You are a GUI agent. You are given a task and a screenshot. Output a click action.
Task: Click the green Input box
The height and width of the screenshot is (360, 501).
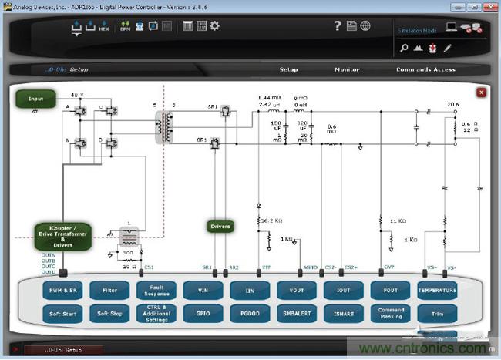tap(35, 99)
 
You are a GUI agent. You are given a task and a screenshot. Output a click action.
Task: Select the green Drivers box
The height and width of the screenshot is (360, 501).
tap(220, 226)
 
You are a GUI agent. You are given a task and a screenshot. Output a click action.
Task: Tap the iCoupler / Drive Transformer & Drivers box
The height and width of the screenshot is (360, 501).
tap(62, 237)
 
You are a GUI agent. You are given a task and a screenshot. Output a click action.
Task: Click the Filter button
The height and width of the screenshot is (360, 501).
tap(109, 291)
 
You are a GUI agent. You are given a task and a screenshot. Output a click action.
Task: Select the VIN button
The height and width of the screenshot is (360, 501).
tap(203, 291)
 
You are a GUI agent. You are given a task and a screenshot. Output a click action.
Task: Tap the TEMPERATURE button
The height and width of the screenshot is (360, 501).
tap(437, 291)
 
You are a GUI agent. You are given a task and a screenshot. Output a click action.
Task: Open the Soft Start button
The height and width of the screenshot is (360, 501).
tap(62, 315)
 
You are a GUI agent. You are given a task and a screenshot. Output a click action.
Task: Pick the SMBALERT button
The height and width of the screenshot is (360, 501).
tap(297, 315)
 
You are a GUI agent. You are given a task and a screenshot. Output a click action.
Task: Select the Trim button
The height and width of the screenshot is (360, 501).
tap(437, 315)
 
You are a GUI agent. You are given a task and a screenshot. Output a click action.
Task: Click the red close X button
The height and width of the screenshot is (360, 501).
tap(482, 93)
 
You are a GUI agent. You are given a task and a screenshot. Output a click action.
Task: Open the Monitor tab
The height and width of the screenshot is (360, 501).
tap(347, 69)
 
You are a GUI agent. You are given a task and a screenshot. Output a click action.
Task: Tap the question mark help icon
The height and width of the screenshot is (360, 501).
tap(337, 26)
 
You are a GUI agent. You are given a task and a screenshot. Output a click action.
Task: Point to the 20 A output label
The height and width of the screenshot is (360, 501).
tap(452, 103)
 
